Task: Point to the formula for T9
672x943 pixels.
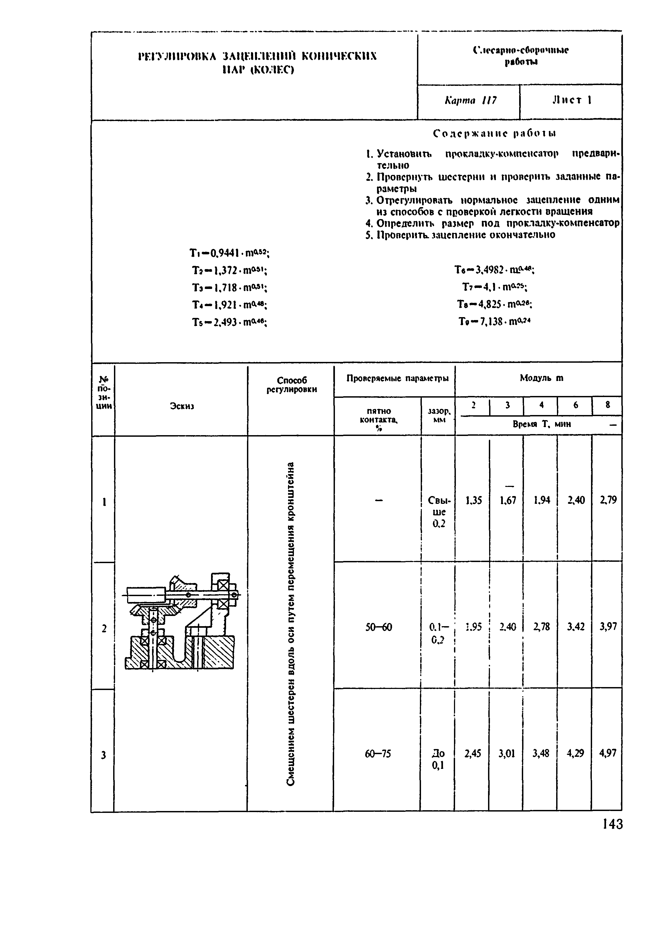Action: [494, 321]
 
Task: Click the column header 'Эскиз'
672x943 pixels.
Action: [182, 406]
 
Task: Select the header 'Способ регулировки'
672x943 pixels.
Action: [292, 384]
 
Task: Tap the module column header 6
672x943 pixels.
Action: [575, 405]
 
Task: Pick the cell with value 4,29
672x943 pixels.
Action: [575, 753]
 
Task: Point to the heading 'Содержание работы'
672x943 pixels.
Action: [494, 133]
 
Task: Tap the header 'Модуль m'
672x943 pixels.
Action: [542, 378]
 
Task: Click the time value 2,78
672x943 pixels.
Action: [541, 627]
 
